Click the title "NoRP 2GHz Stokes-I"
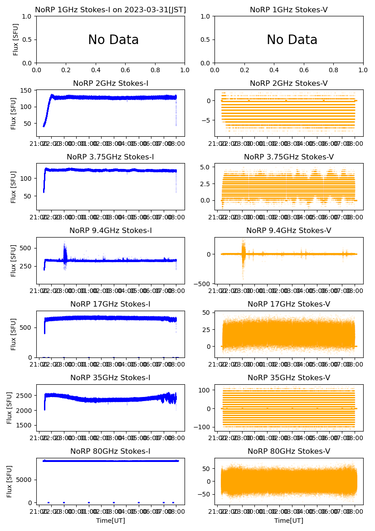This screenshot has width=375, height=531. pos(111,84)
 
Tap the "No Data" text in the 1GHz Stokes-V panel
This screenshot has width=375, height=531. pos(292,40)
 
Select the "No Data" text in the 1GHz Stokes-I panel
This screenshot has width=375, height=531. pos(113,40)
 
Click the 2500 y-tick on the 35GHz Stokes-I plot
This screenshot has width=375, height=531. pos(25,396)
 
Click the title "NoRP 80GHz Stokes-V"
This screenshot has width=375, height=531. pos(289,452)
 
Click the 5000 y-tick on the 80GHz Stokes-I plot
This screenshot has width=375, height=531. pos(25,480)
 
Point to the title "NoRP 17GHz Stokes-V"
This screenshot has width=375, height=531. pos(289,304)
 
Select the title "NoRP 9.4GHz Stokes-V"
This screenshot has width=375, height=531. pos(289,231)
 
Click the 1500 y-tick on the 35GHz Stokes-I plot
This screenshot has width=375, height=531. pos(25,426)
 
